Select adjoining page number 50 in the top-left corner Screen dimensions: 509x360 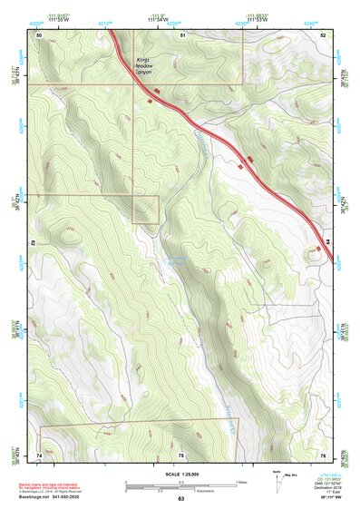(40, 34)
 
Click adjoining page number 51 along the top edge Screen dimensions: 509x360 (182, 34)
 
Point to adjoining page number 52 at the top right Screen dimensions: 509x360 (323, 34)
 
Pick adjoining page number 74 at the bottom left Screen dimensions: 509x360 (39, 454)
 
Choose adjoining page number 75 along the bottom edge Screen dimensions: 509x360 (181, 454)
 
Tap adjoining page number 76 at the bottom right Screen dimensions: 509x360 (323, 454)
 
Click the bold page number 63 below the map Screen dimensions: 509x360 (181, 498)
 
